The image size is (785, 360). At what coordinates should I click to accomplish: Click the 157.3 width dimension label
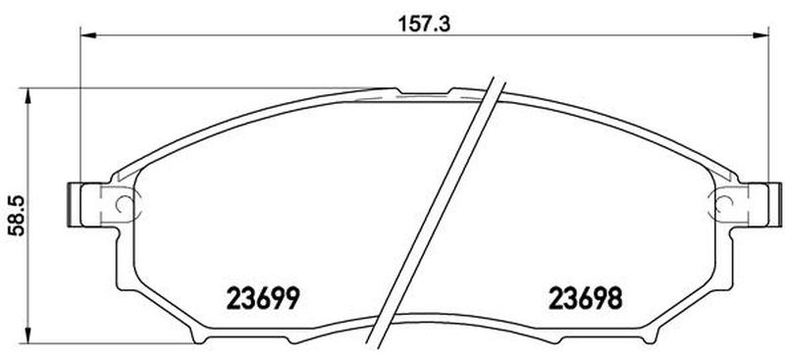point(424,24)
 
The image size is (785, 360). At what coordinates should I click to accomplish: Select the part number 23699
point(263,299)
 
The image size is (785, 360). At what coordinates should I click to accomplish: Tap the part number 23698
point(586,299)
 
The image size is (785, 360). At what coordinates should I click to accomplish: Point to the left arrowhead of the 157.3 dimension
point(87,35)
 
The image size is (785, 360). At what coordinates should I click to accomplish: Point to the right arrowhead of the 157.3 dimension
point(761,35)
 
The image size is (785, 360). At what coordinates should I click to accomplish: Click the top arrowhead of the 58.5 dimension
point(28,95)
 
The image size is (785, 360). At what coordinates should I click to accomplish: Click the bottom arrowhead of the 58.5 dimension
point(28,335)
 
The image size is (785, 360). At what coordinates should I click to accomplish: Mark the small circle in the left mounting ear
point(124,204)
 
